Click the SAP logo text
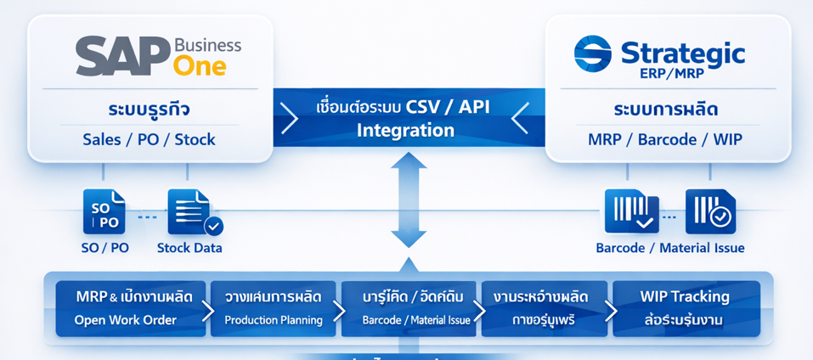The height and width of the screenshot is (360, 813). click(121, 57)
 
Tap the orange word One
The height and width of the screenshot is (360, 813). click(199, 65)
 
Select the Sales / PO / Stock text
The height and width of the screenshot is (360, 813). click(149, 139)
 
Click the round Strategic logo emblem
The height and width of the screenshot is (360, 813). click(592, 53)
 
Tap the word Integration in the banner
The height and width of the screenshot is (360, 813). click(405, 131)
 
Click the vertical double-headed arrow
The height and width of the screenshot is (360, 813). click(408, 200)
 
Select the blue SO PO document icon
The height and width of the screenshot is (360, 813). click(104, 212)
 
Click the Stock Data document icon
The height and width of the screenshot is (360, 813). click(190, 211)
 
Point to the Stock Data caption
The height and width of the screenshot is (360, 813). click(189, 248)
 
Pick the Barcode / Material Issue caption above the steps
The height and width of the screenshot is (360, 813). click(669, 248)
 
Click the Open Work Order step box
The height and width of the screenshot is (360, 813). click(125, 308)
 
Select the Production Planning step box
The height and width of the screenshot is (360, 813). click(274, 308)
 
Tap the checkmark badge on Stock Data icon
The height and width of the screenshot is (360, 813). click(213, 226)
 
